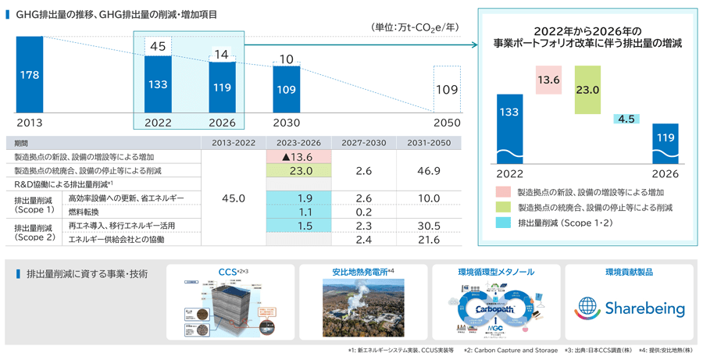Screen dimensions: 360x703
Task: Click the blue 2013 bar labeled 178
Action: [29, 75]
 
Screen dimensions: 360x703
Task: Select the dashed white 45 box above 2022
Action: [158, 47]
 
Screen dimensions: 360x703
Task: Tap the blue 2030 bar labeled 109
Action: [287, 89]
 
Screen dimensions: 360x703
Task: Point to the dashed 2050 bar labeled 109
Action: [447, 90]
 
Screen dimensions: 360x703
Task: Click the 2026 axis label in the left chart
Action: [223, 123]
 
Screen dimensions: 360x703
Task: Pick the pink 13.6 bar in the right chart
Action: [548, 80]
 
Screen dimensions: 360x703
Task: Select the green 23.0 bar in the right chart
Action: [587, 90]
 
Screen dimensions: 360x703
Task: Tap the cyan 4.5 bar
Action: [626, 119]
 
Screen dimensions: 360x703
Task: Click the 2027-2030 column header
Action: [363, 143]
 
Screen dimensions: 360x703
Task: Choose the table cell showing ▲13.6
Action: [298, 157]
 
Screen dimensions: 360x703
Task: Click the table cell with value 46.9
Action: [428, 170]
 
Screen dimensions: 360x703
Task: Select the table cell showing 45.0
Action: [233, 198]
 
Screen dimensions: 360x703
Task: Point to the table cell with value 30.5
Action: [428, 226]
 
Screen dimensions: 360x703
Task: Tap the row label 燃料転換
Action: [85, 212]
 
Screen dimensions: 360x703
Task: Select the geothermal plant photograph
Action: [363, 307]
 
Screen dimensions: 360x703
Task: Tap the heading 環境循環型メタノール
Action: [496, 273]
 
